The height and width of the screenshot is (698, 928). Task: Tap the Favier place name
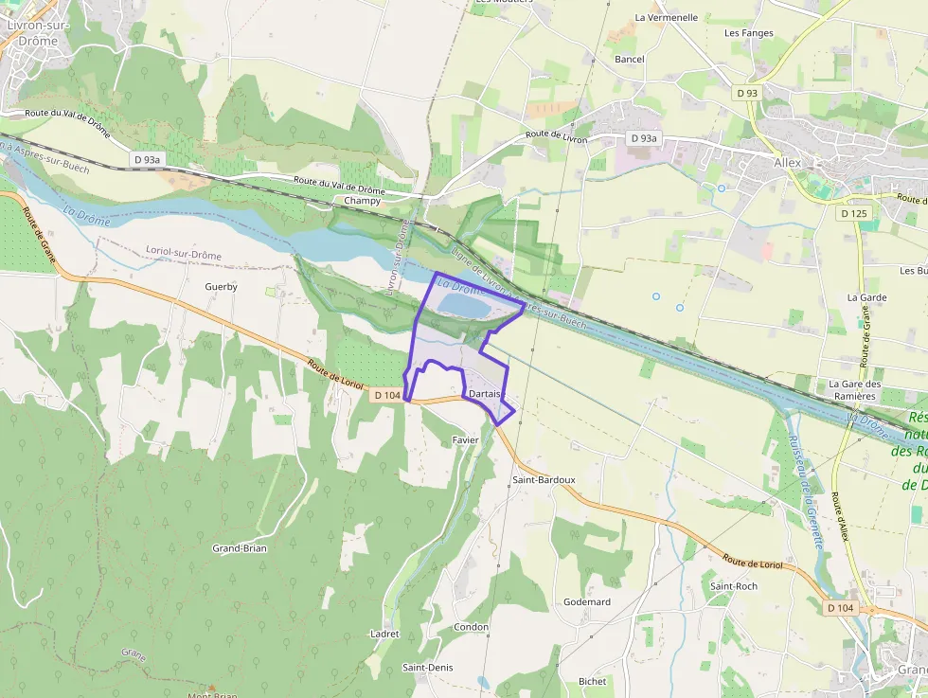[466, 439]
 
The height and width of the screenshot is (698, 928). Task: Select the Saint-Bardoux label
[544, 479]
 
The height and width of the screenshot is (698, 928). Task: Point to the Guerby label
[222, 286]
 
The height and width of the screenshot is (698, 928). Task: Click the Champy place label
[362, 201]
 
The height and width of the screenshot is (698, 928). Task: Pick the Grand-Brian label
[240, 548]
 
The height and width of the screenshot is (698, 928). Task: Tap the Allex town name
[787, 163]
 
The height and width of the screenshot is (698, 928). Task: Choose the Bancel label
[630, 60]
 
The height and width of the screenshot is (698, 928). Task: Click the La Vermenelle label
[667, 17]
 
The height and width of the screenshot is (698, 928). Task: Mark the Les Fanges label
[744, 33]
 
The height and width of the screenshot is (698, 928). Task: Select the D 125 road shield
[852, 213]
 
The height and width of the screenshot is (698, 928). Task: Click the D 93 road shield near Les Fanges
[747, 92]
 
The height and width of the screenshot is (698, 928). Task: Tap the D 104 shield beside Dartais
[387, 395]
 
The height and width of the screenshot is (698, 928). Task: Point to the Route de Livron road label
[557, 137]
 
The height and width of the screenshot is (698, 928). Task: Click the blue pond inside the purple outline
[463, 307]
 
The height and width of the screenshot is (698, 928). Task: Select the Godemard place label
[587, 601]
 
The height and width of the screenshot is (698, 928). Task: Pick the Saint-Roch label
[734, 586]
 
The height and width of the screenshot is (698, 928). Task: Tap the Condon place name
[472, 627]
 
